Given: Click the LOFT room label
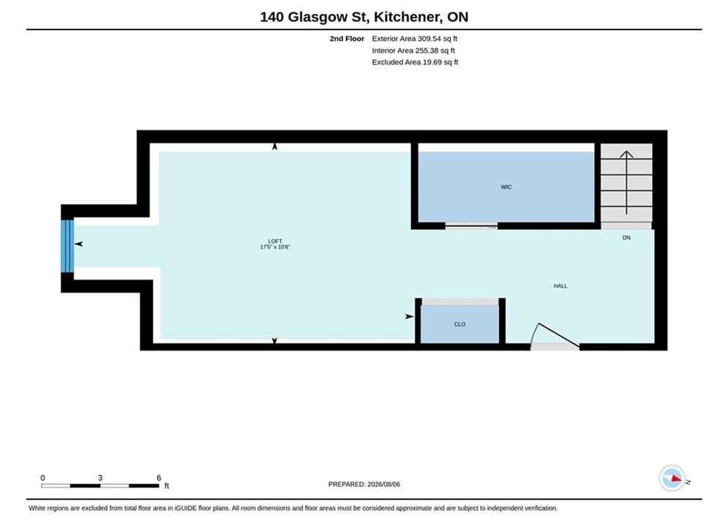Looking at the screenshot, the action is [275, 241].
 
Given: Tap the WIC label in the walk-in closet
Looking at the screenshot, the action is [506, 187].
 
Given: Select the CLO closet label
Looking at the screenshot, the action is [459, 324].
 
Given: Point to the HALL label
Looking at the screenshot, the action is [560, 286].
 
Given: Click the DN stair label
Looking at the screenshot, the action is [626, 238].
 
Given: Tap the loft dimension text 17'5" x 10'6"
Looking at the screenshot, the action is [275, 247].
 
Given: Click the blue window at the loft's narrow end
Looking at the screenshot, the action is [67, 246].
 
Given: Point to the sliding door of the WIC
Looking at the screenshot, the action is [471, 226].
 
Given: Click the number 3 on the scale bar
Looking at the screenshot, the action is [100, 478].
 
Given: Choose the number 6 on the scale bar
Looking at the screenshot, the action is [159, 478].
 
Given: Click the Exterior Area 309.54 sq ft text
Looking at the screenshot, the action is [415, 39].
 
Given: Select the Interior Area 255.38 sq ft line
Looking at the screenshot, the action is [413, 51].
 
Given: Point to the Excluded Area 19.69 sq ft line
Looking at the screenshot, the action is [415, 61].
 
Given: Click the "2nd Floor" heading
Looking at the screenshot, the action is [347, 39].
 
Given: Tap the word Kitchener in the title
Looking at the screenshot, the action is [408, 17].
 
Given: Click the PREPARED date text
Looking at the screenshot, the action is [364, 485].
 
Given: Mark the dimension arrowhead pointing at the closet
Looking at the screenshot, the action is [410, 317].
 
